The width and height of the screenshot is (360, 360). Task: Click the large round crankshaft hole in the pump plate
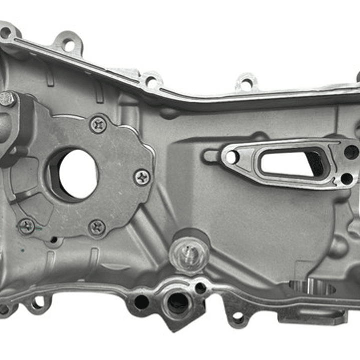77,173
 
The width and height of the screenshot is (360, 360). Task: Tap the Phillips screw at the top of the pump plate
98,124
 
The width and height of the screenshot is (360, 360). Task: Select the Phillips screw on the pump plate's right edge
142,176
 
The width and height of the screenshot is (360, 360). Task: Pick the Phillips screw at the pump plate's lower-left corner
26,226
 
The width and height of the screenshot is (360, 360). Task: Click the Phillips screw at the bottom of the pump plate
97,227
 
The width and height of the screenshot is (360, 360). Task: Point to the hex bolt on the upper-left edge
7,99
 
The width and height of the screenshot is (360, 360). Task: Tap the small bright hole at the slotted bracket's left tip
231,157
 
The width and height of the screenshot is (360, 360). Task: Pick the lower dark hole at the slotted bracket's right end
346,178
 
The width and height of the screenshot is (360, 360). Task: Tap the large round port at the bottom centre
178,303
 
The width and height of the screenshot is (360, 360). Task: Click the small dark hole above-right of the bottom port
200,288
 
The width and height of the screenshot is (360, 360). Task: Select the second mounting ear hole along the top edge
68,45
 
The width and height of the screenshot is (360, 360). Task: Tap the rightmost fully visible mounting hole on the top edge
245,84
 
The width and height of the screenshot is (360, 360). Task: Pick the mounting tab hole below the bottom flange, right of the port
238,317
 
